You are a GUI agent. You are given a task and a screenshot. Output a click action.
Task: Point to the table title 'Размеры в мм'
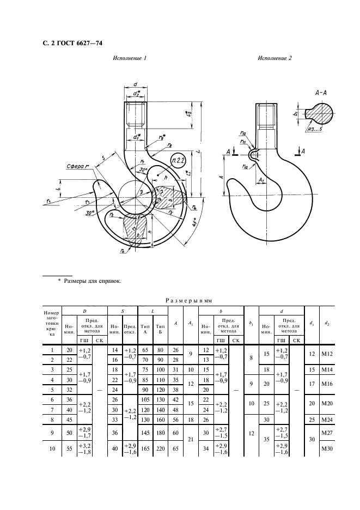(187, 299)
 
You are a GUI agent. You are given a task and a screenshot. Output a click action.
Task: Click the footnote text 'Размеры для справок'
(93, 281)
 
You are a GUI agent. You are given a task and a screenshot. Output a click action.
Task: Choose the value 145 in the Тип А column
(145, 433)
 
